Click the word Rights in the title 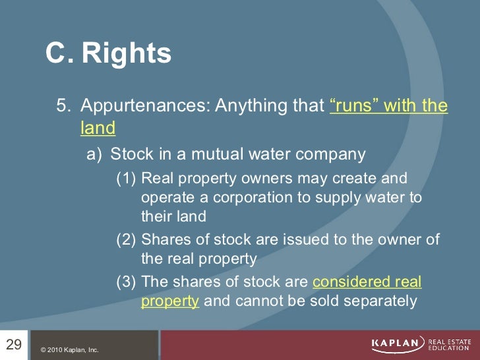[x=127, y=53]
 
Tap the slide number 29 [x=14, y=344]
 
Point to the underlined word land [x=98, y=128]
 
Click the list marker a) [x=95, y=155]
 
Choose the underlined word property [x=169, y=301]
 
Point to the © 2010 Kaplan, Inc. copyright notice [x=69, y=349]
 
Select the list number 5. [x=62, y=106]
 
